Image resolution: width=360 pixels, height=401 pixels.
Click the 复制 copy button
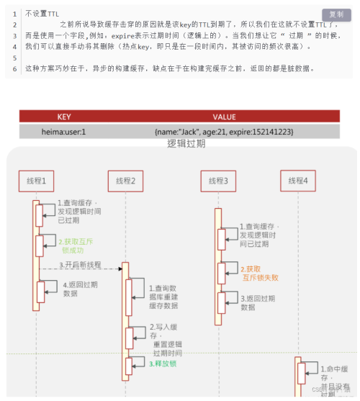coord(335,14)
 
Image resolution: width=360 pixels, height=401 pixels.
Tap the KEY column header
coord(65,117)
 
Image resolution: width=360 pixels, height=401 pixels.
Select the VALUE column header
coord(225,117)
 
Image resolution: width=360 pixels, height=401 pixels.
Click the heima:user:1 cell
coord(65,132)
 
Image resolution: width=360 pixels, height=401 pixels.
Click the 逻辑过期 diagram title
coord(186,143)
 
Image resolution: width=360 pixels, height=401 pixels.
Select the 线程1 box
coord(36,180)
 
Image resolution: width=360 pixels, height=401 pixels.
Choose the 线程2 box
coord(126,180)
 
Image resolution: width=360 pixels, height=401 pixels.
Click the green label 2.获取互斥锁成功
coord(76,245)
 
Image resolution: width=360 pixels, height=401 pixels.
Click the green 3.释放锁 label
coord(162,364)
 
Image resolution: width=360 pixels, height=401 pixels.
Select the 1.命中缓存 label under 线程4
coord(332,372)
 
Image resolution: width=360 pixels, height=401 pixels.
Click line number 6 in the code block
coord(15,68)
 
